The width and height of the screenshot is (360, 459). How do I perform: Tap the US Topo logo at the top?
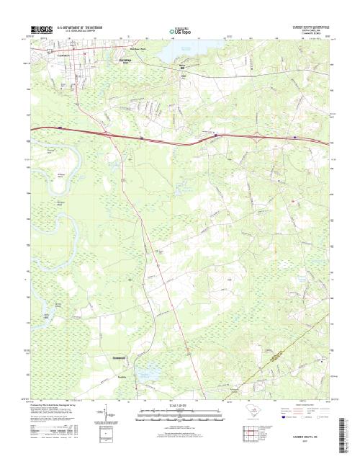click(180, 31)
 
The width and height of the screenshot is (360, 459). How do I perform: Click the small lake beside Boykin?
click(150, 373)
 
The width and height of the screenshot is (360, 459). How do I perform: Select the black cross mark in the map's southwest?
click(130, 279)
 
